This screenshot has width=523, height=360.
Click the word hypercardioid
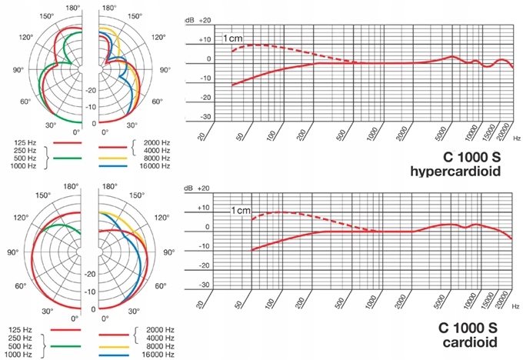462,173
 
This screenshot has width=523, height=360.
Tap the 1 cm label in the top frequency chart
233,38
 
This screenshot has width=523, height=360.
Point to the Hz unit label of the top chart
517,136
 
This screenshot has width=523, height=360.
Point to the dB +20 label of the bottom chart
199,188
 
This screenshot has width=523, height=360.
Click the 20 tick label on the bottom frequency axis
202,302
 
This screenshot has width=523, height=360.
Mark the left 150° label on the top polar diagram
47,17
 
